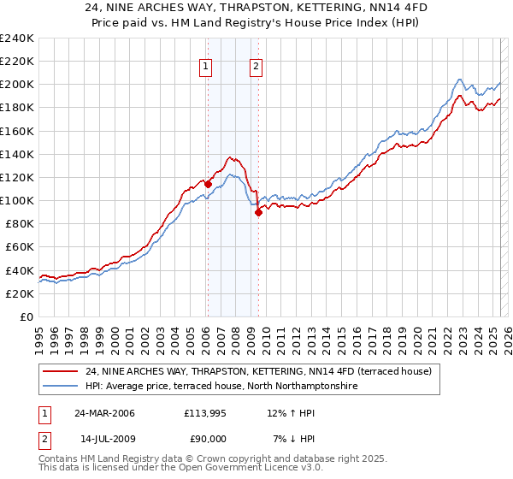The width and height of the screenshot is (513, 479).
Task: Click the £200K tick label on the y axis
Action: coord(16,85)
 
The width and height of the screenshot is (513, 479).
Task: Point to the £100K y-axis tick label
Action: coord(16,200)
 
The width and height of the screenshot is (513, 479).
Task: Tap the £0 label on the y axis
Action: coord(27,316)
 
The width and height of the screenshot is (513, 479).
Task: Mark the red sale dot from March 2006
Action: coord(208,184)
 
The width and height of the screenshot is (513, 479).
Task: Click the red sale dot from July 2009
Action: coord(258,213)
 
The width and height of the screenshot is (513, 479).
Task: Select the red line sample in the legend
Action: coord(61,371)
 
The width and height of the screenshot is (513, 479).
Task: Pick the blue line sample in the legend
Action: coord(61,387)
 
